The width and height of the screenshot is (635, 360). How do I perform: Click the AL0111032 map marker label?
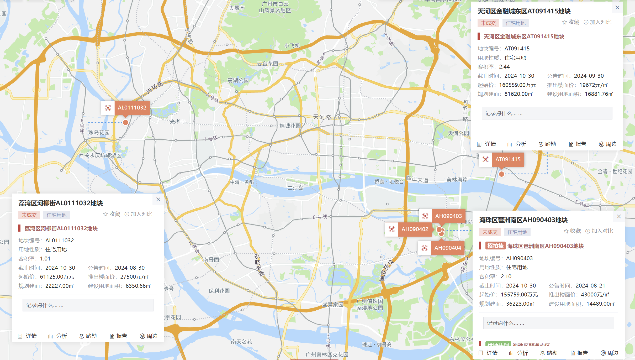click(x=132, y=108)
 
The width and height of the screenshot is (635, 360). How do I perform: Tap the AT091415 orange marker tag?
click(x=508, y=159)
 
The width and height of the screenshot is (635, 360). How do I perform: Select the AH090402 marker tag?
click(x=415, y=229)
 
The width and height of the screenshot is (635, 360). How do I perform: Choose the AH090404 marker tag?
click(x=447, y=248)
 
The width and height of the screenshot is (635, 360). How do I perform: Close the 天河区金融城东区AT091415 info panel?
click(x=617, y=8)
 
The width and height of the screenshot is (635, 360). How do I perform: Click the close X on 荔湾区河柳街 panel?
click(x=158, y=200)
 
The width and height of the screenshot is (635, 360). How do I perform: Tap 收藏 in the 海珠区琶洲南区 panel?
click(x=572, y=231)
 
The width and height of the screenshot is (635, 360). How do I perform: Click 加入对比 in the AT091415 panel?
click(x=597, y=22)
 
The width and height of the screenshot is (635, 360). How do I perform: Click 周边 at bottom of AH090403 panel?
click(x=610, y=353)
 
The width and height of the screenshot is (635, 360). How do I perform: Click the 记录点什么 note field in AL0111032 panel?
click(x=88, y=305)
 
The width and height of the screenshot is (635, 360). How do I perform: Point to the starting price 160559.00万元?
click(x=517, y=85)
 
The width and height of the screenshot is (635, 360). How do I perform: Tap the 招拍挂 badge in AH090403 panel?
click(x=495, y=246)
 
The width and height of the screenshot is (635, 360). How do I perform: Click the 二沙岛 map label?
click(x=295, y=188)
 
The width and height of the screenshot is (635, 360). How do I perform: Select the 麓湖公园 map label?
click(x=238, y=80)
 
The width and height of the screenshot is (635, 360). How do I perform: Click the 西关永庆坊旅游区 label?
click(x=100, y=155)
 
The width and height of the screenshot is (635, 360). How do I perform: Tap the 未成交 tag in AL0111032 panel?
click(x=29, y=215)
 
